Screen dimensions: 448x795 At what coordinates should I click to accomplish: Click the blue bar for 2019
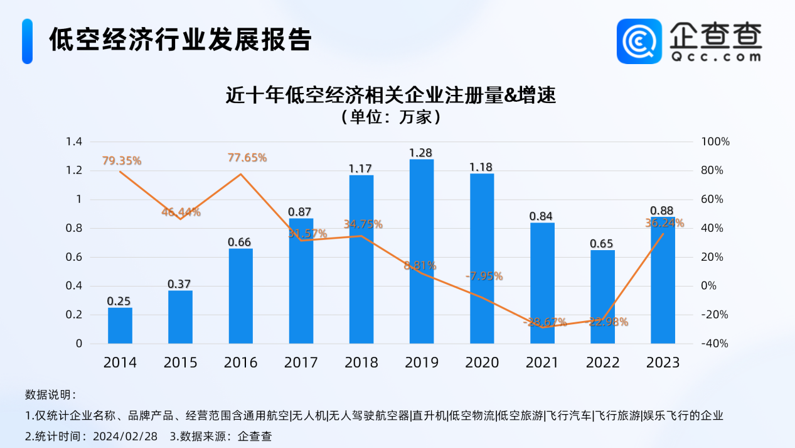pos(422,251)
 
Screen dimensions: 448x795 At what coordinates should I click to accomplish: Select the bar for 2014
pos(120,325)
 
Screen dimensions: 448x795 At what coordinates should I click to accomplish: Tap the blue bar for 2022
pos(602,297)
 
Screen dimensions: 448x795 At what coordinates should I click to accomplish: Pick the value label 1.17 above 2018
pos(361,168)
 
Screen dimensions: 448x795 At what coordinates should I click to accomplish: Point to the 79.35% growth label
pos(122,161)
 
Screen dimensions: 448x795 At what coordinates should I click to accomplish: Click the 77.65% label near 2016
pos(247,158)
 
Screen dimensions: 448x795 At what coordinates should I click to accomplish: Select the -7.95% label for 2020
pos(484,276)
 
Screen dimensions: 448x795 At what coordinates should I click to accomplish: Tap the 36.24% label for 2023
pos(664,223)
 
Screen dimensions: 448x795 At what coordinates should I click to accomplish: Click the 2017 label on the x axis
pos(301,363)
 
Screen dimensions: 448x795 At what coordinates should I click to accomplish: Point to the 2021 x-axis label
pos(542,363)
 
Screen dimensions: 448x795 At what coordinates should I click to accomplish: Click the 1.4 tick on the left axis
pos(75,142)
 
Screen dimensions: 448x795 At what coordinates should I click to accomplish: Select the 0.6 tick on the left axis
pos(75,257)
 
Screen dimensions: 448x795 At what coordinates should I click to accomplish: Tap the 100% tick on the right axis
pos(716,142)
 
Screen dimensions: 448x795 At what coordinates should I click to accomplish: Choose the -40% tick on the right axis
pos(716,344)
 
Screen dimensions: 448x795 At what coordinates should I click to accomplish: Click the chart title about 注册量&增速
pos(391,96)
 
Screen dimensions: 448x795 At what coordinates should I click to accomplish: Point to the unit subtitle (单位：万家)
pos(391,117)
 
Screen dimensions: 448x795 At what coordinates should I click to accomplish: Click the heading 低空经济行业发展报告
pos(181,40)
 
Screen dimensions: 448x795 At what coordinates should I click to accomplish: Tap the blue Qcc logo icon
pos(639,41)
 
